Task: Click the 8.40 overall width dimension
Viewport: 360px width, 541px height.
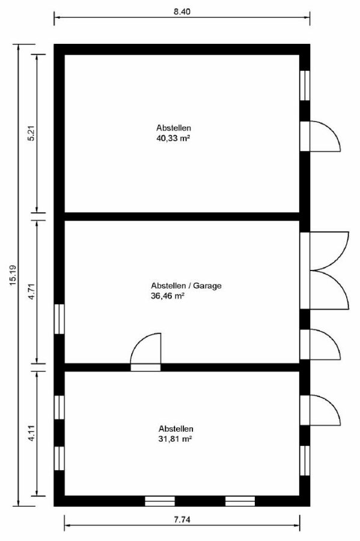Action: (182, 12)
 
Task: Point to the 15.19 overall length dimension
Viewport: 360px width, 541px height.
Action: (13, 275)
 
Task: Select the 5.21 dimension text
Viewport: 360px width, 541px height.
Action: (31, 133)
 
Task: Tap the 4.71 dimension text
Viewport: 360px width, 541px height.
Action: (31, 292)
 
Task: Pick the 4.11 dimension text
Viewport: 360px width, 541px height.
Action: (31, 433)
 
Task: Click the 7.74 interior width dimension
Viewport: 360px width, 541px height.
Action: (182, 519)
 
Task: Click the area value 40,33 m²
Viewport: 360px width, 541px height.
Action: (174, 138)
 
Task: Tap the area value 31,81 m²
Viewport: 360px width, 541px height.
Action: (175, 439)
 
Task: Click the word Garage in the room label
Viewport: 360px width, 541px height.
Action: (207, 286)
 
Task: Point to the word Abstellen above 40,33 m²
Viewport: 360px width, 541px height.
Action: (174, 127)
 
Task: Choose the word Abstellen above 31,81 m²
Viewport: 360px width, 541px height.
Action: (175, 429)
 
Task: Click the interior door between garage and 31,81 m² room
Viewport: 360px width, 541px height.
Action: (145, 352)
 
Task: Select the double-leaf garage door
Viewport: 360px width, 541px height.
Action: (325, 270)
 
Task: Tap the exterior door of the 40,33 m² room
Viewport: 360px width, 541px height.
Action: (320, 136)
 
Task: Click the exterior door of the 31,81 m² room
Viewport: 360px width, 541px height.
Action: (320, 410)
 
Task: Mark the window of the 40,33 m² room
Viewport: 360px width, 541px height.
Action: (305, 85)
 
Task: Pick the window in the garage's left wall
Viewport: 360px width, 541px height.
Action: (59, 319)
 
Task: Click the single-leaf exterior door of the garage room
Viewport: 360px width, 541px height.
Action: (320, 344)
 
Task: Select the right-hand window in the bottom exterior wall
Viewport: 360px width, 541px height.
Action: (240, 501)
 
